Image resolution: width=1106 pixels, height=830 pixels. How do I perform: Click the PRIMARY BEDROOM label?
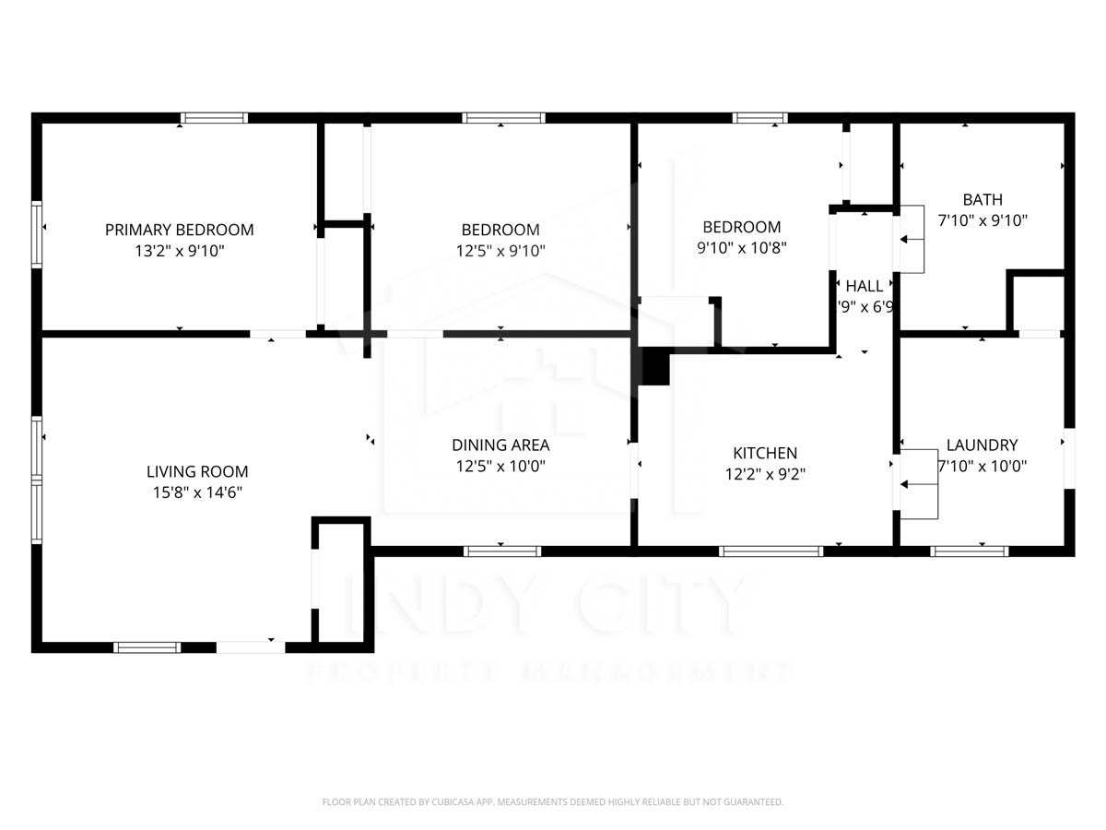[179, 230]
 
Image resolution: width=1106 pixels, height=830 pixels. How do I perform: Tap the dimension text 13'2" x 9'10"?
[179, 250]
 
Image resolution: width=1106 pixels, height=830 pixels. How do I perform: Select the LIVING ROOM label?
[197, 472]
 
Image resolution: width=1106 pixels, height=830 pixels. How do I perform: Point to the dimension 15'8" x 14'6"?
[197, 492]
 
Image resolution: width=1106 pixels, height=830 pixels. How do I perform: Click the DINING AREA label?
[500, 445]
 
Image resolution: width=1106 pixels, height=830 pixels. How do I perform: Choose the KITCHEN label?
[765, 453]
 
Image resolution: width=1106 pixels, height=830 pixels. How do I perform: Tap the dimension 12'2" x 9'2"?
[765, 473]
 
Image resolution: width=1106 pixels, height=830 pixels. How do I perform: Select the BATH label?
[982, 199]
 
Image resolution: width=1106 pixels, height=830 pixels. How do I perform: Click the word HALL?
[865, 286]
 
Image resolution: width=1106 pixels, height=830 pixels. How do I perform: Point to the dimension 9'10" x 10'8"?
[742, 247]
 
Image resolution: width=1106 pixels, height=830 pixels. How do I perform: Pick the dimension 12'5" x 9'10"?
[500, 250]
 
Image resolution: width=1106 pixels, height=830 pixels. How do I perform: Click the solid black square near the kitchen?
[655, 367]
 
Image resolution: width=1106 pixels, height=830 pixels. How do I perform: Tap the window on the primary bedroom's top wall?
[214, 118]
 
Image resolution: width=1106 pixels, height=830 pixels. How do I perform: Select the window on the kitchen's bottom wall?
[771, 551]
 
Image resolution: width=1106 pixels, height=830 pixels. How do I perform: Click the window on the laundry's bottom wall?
[969, 551]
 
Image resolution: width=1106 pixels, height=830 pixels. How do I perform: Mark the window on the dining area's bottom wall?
[501, 551]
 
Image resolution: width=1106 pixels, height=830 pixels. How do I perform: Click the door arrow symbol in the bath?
[912, 240]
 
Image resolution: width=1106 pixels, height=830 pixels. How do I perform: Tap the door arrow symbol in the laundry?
[912, 484]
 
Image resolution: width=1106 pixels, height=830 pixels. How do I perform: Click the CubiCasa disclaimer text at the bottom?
[553, 802]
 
